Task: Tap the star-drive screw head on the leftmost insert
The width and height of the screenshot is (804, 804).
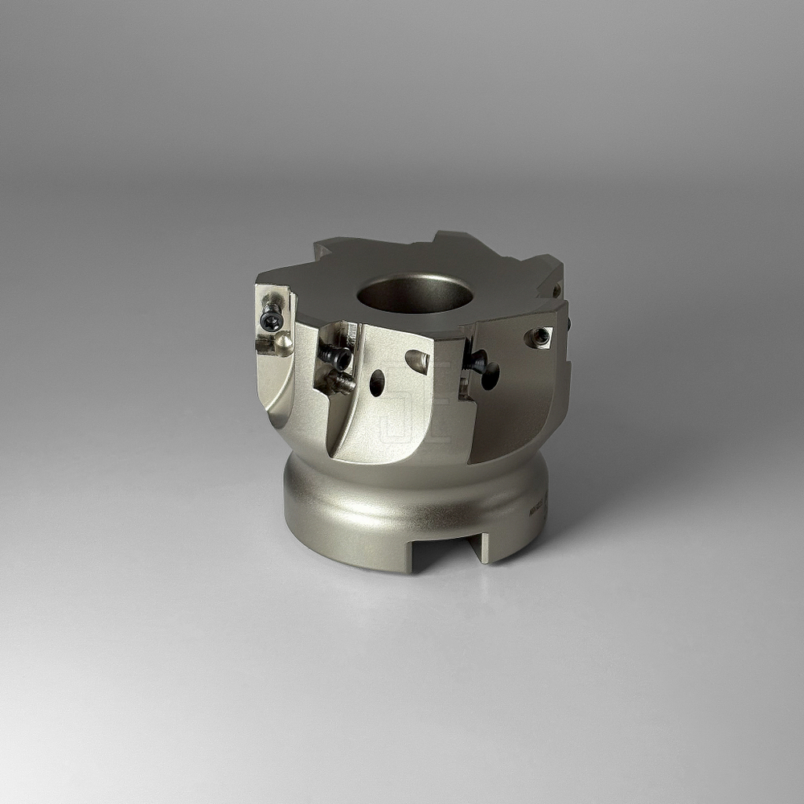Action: (x=272, y=321)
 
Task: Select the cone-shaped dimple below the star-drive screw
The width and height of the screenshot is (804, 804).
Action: (x=282, y=343)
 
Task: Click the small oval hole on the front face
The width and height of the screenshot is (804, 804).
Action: (x=377, y=382)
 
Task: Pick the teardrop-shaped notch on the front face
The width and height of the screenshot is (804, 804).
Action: (x=418, y=361)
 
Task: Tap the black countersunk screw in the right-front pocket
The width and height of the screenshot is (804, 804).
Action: (x=475, y=362)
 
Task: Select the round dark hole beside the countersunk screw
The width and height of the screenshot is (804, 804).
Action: (x=490, y=375)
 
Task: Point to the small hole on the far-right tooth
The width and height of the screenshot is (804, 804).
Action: (x=556, y=289)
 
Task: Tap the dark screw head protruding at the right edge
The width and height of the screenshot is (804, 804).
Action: (x=568, y=323)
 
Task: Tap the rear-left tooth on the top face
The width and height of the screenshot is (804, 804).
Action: (x=330, y=249)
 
